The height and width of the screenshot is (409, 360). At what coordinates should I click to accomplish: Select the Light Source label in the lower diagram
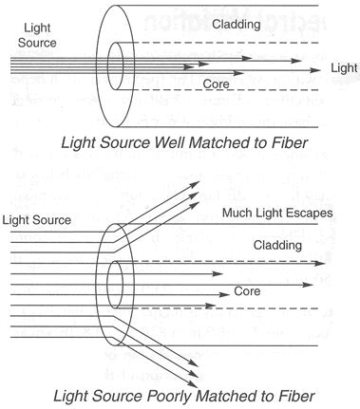(37, 220)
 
